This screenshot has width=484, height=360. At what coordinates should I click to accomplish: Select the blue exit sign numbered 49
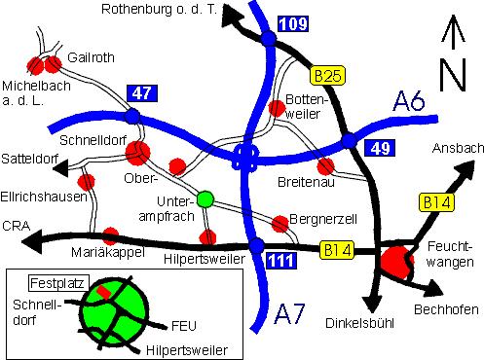pos(378,148)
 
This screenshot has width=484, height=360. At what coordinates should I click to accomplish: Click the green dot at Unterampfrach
pos(205,199)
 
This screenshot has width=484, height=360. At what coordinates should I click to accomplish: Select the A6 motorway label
pos(409,100)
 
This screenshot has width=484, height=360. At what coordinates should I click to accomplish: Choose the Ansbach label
pos(450,149)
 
